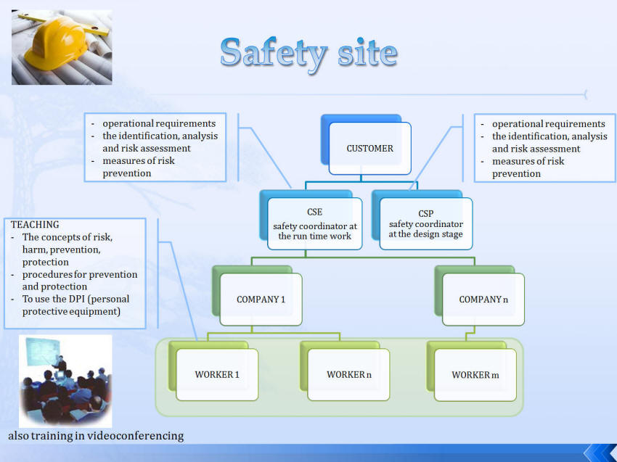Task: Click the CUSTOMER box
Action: coord(370,148)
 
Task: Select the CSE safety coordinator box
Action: coord(314,223)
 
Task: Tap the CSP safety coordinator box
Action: coord(426,223)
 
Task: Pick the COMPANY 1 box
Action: coord(261,300)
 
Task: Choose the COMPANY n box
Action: coord(483,300)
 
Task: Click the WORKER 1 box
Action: coord(217,374)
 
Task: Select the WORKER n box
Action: coord(348,374)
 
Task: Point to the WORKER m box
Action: coord(475,375)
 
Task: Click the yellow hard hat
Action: coord(56,44)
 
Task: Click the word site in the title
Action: coord(367,53)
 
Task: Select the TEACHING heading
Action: coord(35,225)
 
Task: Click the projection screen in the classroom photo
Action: coord(43,351)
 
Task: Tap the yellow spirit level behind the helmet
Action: coord(64,25)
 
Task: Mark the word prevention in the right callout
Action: coord(516,174)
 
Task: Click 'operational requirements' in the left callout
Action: coord(159,123)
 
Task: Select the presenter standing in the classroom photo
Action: coord(60,363)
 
